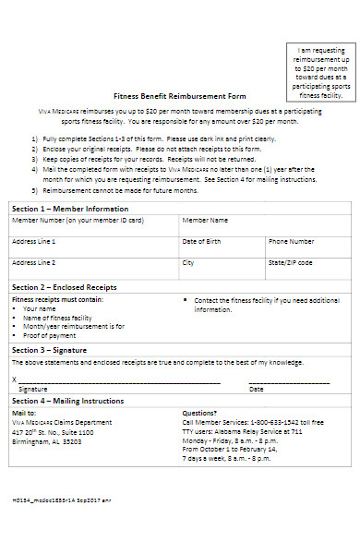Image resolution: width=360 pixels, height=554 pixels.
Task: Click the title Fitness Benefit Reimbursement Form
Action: click(x=179, y=96)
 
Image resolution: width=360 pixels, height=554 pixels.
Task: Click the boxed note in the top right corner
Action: click(x=320, y=70)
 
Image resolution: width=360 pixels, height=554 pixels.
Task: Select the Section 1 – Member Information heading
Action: click(x=69, y=209)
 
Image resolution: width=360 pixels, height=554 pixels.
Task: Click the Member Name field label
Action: click(x=205, y=222)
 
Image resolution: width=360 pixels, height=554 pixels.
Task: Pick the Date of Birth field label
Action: click(x=201, y=241)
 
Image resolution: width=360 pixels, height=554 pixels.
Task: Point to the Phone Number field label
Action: click(x=291, y=241)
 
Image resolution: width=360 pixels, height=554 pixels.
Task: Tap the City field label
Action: click(x=188, y=262)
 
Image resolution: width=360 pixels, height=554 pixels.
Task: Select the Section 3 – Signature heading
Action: click(x=53, y=350)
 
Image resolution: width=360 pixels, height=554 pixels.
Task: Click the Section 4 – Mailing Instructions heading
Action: click(x=67, y=402)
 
